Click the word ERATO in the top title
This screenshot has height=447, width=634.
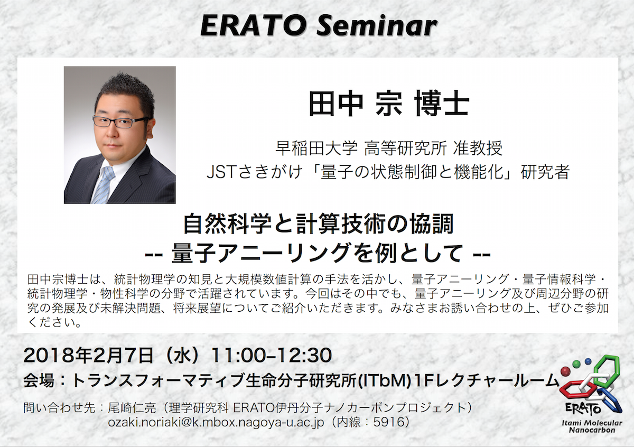(x=253, y=26)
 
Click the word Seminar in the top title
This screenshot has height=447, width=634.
(x=376, y=26)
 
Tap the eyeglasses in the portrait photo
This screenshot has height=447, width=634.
(x=121, y=122)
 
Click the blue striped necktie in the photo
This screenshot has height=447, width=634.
(x=104, y=184)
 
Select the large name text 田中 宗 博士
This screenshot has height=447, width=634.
(x=389, y=104)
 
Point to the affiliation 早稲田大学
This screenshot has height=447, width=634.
(x=316, y=148)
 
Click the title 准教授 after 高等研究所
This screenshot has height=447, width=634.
(x=478, y=148)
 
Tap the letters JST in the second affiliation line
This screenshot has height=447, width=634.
(x=221, y=172)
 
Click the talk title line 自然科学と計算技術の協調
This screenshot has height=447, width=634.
(x=319, y=224)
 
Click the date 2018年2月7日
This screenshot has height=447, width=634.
(x=88, y=356)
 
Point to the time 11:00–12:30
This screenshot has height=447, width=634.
(x=271, y=355)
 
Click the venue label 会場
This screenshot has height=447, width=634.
(x=39, y=381)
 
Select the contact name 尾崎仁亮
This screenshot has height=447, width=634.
(x=132, y=408)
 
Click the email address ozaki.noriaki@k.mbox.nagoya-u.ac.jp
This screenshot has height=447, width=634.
(x=216, y=422)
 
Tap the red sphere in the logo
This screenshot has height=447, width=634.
(x=565, y=371)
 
